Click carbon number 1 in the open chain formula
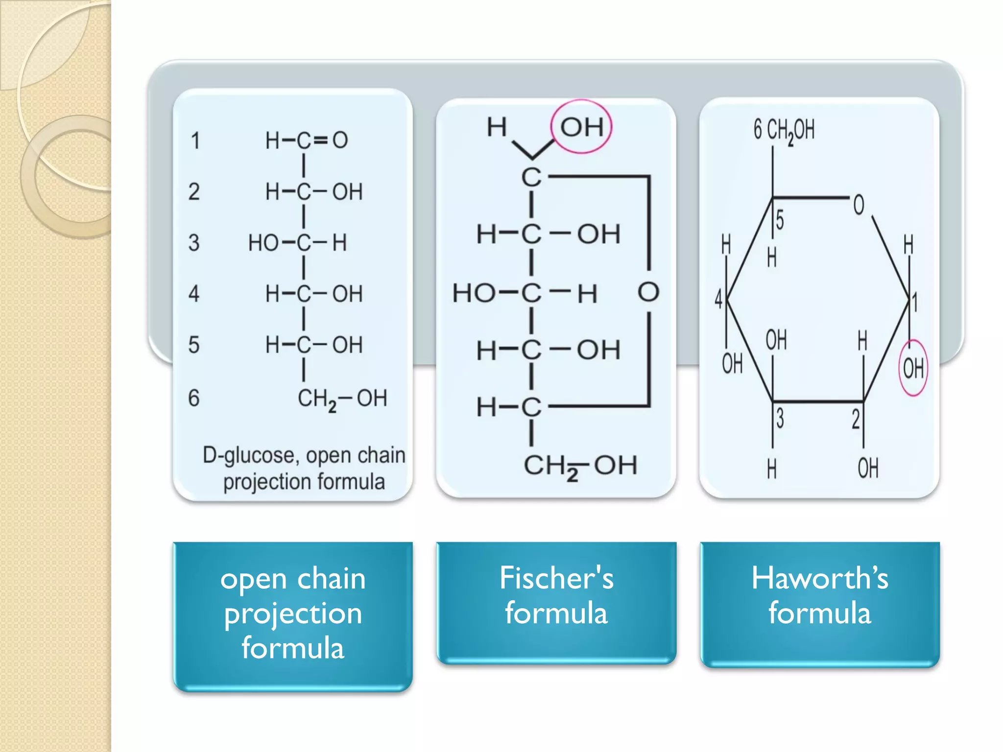tap(195, 141)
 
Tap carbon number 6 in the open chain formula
tap(194, 398)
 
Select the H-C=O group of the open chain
tap(307, 141)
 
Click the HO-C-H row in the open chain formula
tap(298, 243)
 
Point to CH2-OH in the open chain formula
tap(342, 399)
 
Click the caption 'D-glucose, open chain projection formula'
tap(304, 469)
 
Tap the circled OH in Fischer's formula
tap(581, 127)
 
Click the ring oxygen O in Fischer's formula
tap(648, 292)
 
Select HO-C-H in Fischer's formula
tap(525, 293)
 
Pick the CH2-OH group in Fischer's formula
tap(580, 466)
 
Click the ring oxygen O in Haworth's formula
tap(859, 205)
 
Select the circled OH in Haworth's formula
tap(913, 368)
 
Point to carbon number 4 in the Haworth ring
tap(718, 299)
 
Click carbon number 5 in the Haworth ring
tap(780, 220)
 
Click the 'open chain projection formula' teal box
tap(293, 615)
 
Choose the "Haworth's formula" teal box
tap(820, 603)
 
